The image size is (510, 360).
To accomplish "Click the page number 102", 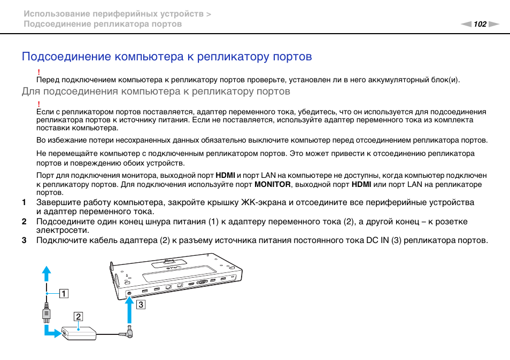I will click(480, 24).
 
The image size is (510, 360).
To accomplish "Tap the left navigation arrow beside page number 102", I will click(466, 24).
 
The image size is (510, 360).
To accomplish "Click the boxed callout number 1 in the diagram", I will click(64, 293).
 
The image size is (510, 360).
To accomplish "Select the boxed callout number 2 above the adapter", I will click(78, 316).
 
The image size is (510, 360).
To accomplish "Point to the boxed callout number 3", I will click(140, 305).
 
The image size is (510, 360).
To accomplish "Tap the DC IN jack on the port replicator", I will click(129, 293).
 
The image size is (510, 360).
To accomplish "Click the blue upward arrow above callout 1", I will click(47, 273).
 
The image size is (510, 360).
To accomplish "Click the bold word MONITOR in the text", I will click(272, 184).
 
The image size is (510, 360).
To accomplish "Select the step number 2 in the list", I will click(24, 222).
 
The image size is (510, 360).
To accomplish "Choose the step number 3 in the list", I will click(24, 240).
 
